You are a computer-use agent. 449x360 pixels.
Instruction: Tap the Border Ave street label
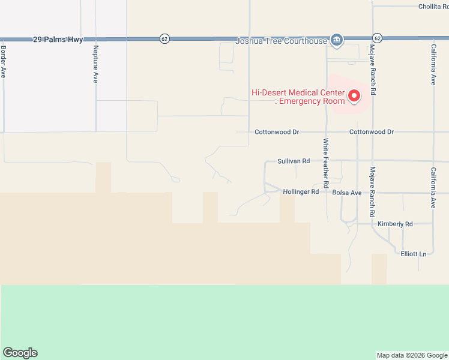(x=4, y=62)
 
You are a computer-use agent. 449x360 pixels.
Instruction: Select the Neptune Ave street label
(x=95, y=64)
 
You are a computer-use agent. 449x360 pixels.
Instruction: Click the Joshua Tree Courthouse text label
(x=281, y=41)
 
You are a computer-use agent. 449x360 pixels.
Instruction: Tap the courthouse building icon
(x=336, y=40)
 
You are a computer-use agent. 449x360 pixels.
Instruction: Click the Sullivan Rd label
(x=294, y=161)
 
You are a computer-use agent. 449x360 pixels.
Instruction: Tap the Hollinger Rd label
(x=301, y=192)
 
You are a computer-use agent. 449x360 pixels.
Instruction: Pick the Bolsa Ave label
(x=347, y=193)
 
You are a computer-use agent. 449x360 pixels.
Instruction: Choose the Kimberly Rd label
(x=395, y=224)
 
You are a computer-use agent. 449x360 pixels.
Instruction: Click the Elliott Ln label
(x=413, y=254)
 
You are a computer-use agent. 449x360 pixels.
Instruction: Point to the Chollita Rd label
(x=433, y=7)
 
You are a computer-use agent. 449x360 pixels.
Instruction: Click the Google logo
(x=20, y=353)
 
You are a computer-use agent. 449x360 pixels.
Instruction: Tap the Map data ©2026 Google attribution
(x=412, y=355)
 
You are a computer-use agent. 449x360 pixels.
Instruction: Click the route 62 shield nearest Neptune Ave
(x=164, y=38)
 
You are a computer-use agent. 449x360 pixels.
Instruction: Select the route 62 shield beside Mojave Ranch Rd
(x=377, y=37)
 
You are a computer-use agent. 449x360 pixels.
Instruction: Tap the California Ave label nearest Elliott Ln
(x=433, y=187)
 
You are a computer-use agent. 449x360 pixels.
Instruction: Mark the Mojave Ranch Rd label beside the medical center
(x=373, y=70)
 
